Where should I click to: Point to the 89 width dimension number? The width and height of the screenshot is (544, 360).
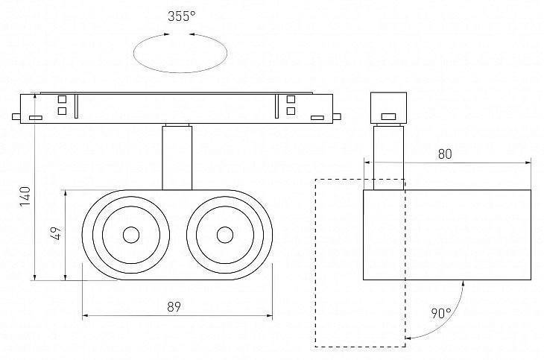[176, 306]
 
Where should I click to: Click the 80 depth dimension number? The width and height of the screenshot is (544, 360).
[446, 154]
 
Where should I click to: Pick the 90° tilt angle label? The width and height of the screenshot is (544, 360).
[440, 313]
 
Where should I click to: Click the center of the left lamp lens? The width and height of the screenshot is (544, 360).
[130, 235]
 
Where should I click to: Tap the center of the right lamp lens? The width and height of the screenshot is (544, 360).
[223, 235]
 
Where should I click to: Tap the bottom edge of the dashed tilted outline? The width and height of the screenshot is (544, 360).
[359, 347]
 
